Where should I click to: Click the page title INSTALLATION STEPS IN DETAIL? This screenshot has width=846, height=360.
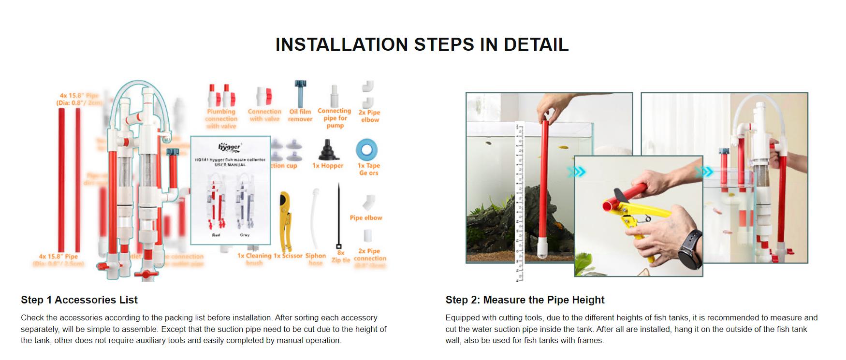(422, 44)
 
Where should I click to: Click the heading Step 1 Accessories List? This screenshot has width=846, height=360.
(79, 300)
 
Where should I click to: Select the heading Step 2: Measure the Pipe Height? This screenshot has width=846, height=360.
(525, 300)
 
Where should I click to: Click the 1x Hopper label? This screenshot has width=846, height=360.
(328, 166)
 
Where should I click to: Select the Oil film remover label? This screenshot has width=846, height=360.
(300, 115)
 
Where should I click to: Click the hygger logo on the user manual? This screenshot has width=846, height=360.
(230, 146)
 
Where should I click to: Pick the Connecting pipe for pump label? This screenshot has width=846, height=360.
(335, 118)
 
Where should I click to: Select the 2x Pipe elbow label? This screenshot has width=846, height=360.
(370, 116)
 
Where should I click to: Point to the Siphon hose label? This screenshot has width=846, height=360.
(316, 259)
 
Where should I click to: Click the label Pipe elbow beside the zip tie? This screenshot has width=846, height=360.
(366, 218)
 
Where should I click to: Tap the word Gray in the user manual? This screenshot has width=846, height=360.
(245, 235)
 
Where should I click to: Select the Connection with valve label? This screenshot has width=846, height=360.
(264, 115)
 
